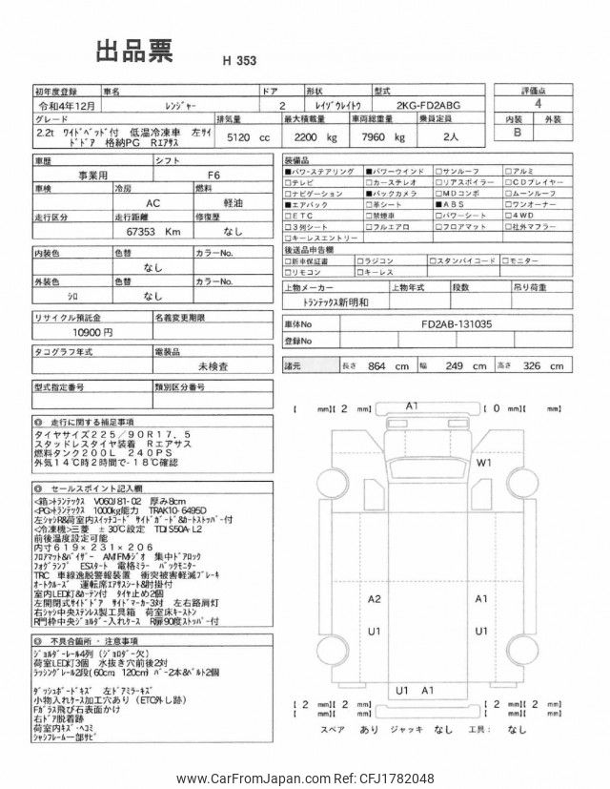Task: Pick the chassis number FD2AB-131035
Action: (457, 323)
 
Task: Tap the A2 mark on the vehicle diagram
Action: (375, 599)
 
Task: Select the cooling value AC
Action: (152, 203)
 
